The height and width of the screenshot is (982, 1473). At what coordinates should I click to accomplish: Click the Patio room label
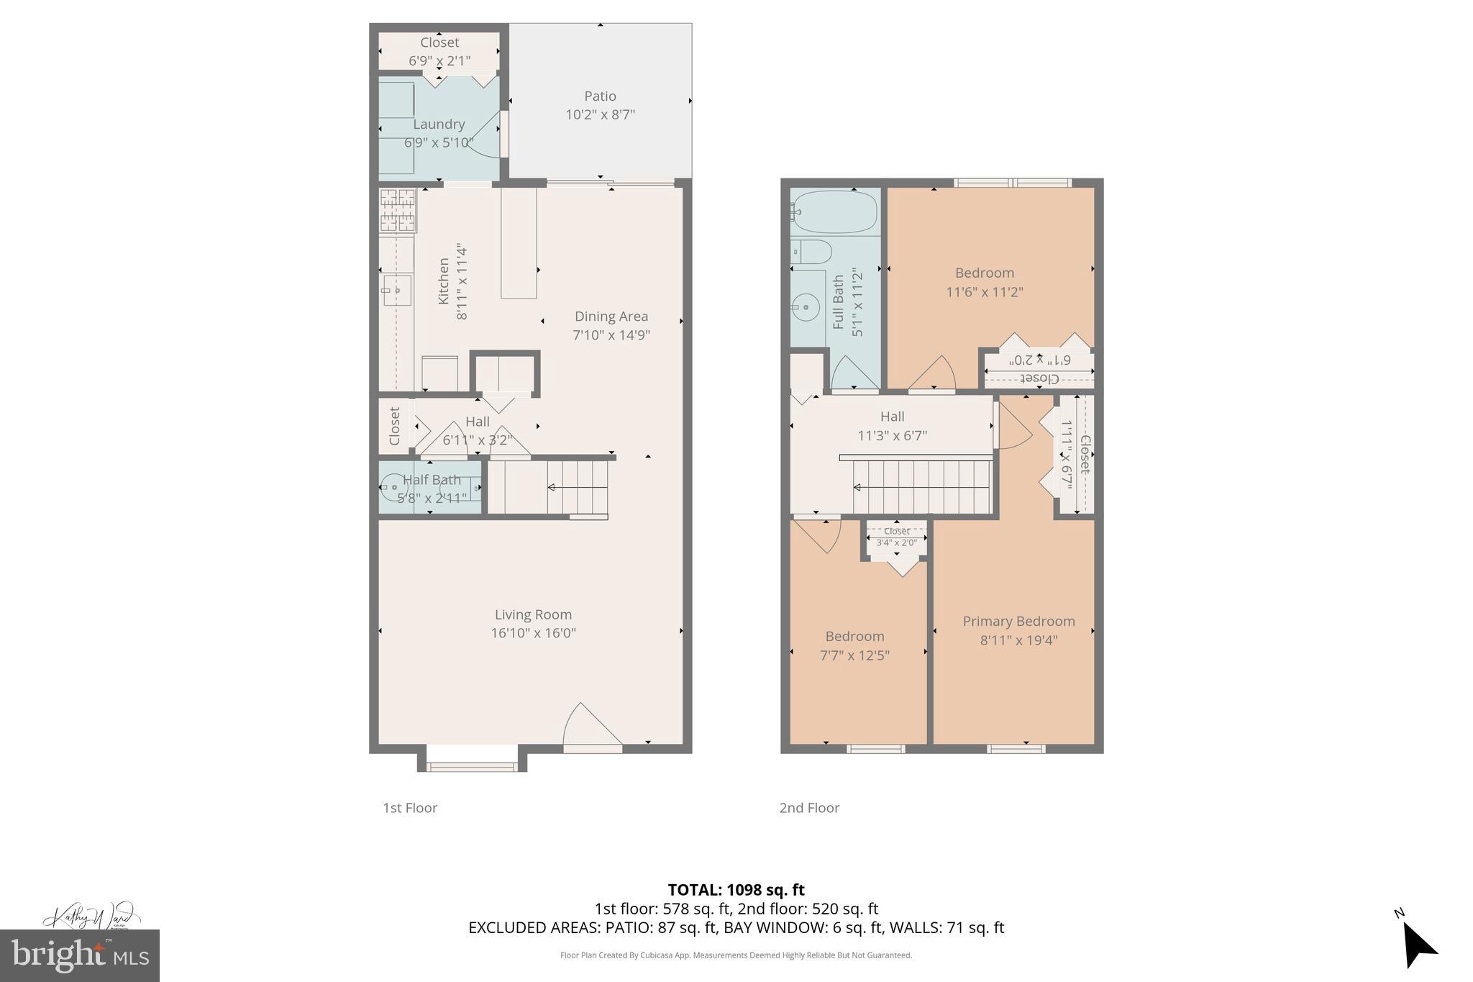tap(600, 96)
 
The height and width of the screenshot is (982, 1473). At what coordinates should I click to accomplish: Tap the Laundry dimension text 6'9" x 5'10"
tap(438, 142)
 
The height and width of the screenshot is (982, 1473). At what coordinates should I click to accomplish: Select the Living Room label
tap(533, 614)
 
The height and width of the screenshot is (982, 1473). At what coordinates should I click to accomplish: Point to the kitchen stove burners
tap(397, 210)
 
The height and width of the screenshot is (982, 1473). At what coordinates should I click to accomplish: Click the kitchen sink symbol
tap(396, 291)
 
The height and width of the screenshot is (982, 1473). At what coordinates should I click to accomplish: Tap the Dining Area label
tap(611, 316)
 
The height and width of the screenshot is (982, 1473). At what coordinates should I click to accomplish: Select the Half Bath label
tap(432, 480)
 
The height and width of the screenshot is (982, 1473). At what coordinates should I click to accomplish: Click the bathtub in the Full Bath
tap(834, 211)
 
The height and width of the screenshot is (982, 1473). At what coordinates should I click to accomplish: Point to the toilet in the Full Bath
tap(811, 252)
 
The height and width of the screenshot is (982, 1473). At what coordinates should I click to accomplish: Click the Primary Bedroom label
tap(1018, 621)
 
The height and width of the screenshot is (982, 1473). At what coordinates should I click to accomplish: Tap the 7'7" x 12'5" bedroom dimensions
tap(854, 655)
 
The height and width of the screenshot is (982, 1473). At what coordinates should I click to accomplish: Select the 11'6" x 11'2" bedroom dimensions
tap(984, 292)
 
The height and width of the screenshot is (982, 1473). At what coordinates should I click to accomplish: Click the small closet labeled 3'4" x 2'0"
tap(896, 538)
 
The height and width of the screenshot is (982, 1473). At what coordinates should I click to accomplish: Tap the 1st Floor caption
tap(409, 808)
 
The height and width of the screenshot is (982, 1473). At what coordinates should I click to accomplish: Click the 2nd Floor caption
tap(809, 808)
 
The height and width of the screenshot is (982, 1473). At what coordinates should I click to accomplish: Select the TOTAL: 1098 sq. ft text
tap(736, 890)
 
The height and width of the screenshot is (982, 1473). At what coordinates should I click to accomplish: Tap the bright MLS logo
tap(79, 955)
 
